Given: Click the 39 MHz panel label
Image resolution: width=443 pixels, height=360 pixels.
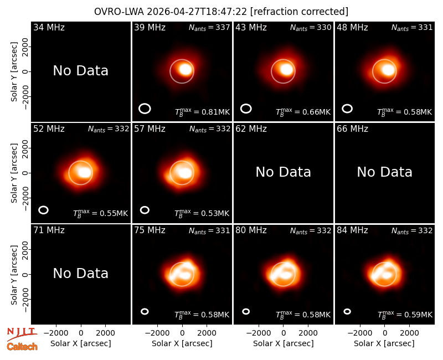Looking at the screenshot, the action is (x=150, y=27).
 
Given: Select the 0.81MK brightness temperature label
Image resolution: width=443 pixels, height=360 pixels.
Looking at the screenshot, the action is (x=202, y=112).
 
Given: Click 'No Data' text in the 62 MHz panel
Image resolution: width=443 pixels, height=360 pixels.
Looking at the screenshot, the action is (x=283, y=172).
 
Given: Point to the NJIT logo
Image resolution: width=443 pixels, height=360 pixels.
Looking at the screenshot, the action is (x=22, y=333).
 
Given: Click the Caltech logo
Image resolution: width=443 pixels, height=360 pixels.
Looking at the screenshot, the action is (x=22, y=347).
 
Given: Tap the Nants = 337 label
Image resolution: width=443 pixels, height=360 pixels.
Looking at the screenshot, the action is (x=209, y=27).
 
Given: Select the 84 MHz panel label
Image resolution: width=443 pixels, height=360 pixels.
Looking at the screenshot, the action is (x=352, y=230).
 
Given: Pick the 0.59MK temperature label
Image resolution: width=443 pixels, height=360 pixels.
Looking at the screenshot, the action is (x=405, y=315).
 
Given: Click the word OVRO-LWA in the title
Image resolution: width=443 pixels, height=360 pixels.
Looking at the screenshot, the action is (x=119, y=12).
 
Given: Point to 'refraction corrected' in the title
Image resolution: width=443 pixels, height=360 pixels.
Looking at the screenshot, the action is (x=300, y=12).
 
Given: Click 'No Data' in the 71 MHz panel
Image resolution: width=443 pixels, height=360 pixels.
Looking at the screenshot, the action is (x=80, y=273).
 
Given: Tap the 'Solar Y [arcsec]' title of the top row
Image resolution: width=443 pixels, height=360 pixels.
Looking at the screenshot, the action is (x=14, y=72).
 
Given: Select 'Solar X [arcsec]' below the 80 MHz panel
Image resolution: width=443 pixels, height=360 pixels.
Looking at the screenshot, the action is (x=283, y=343).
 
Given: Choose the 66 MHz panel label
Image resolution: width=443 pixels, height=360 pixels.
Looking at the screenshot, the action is (x=352, y=129).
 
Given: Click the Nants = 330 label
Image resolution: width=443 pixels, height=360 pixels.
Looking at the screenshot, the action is (x=311, y=27).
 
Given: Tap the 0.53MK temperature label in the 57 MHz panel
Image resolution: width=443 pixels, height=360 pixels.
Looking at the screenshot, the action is (x=202, y=213).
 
